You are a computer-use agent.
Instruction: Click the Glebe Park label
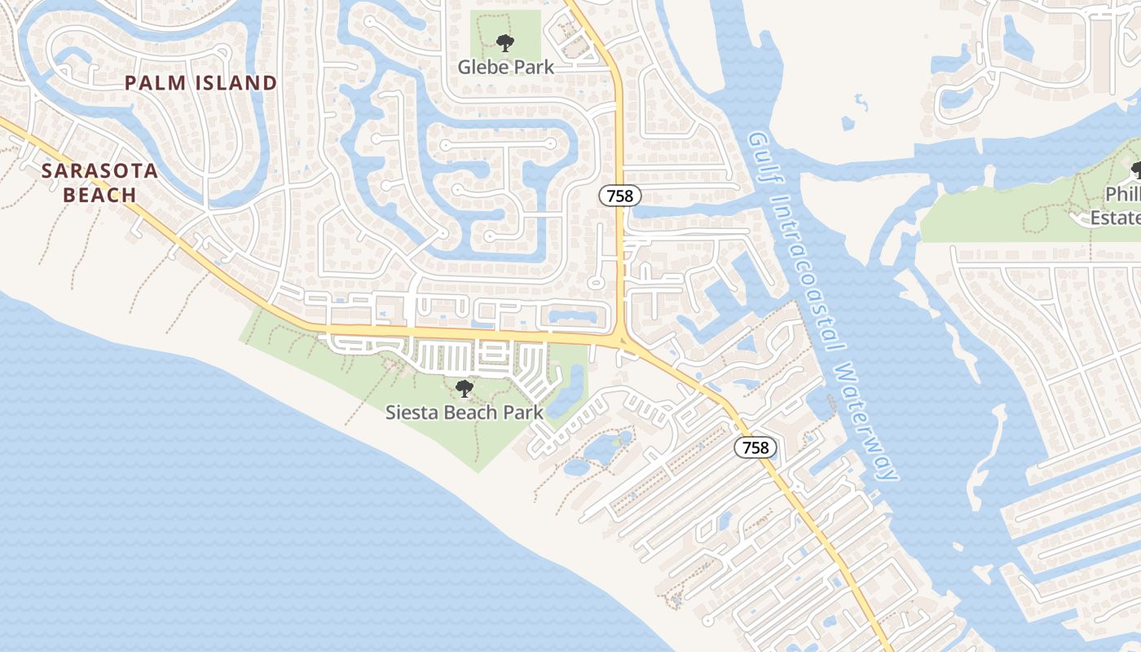(x=505, y=67)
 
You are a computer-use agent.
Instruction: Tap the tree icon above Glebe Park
(x=505, y=42)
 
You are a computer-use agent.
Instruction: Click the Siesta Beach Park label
(x=464, y=412)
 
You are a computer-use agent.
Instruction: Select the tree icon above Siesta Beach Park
(x=464, y=389)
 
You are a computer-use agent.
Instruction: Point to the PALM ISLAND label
(x=200, y=83)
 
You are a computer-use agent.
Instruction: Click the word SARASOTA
(x=99, y=171)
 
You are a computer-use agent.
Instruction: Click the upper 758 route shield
(x=620, y=196)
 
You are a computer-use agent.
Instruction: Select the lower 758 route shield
(x=756, y=447)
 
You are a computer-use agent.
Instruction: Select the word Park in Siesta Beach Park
(x=522, y=412)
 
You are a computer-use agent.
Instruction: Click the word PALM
(x=155, y=83)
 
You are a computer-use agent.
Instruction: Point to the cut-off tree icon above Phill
(x=1136, y=170)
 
